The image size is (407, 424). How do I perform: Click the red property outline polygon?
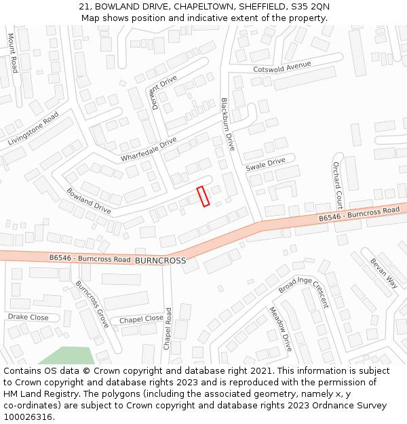(x=203, y=196)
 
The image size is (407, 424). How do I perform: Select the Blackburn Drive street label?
(x=227, y=123)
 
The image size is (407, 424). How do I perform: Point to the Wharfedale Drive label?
(x=149, y=149)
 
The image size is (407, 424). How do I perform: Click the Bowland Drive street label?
(x=88, y=201)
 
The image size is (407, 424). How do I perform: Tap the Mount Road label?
(x=12, y=53)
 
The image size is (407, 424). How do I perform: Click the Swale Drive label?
(x=265, y=164)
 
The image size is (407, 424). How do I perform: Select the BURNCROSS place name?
(x=160, y=261)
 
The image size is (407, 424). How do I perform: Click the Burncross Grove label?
(x=92, y=305)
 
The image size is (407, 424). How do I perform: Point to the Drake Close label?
(x=28, y=317)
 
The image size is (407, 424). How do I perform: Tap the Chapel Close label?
(x=141, y=319)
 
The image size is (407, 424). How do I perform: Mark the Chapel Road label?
(x=168, y=328)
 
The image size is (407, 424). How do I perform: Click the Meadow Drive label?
(x=280, y=329)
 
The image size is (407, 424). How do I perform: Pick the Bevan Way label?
(x=383, y=273)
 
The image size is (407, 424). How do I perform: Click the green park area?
(x=68, y=356)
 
